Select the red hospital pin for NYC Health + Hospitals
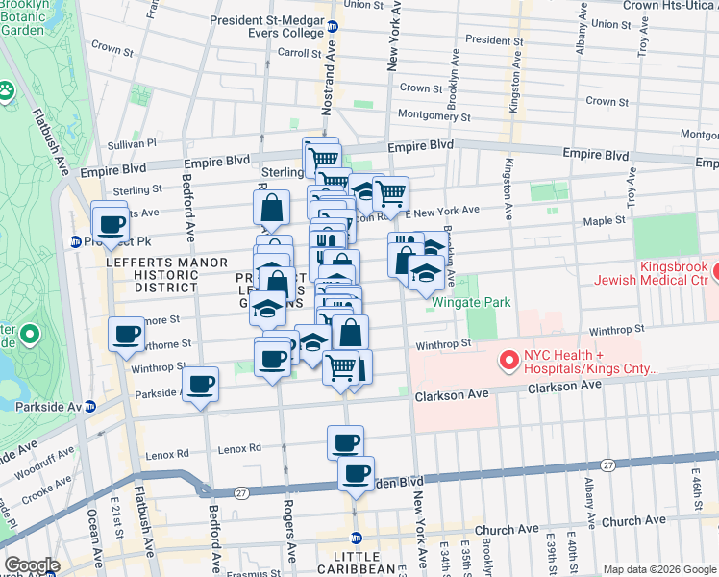click(x=509, y=361)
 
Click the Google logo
click(x=32, y=565)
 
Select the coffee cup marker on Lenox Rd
click(x=345, y=443)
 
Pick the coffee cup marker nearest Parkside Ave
click(x=201, y=385)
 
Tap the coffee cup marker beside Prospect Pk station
click(x=111, y=225)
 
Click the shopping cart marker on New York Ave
click(x=390, y=194)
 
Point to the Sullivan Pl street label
click(x=132, y=143)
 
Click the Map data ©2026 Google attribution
click(x=658, y=569)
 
